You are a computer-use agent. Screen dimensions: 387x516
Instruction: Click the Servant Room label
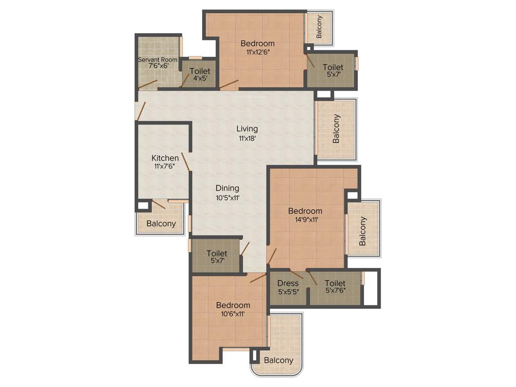pos(158,59)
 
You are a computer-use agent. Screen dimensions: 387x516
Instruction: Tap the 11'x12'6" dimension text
pos(257,52)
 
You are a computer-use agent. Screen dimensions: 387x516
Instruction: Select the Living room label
pos(247,129)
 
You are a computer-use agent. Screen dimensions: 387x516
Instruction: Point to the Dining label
pos(227,188)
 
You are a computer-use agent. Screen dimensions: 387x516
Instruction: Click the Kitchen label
pos(165,158)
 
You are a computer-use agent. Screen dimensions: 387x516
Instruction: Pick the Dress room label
pos(288,283)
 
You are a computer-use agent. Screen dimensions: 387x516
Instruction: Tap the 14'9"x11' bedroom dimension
pos(305,219)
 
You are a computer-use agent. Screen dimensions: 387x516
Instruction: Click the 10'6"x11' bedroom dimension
pos(233,313)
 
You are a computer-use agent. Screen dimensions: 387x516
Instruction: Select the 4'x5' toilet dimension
pos(200,79)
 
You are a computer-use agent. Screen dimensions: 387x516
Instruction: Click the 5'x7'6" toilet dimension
pos(335,291)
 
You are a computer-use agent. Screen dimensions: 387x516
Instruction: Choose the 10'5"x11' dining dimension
pos(227,198)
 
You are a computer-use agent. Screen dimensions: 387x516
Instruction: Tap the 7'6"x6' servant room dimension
pos(158,66)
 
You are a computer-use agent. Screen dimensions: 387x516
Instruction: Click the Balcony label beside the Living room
pos(336,129)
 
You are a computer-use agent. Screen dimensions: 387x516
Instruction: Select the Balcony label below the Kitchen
pos(161,224)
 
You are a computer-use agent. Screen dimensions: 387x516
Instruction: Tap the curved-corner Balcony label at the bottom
pos(279,360)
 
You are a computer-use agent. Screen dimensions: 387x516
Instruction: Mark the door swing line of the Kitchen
pos(185,163)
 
